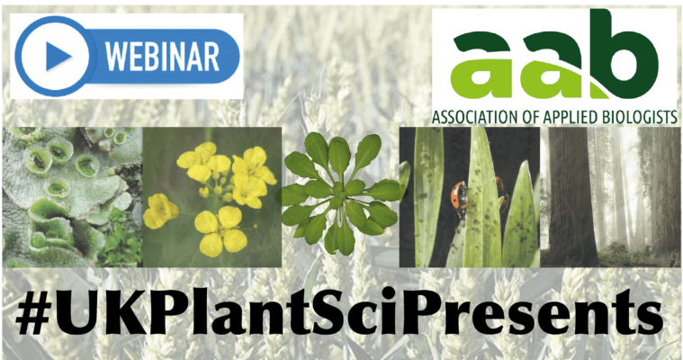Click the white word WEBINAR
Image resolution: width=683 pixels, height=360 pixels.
point(162,56)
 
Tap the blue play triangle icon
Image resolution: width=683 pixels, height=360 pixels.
point(58,56)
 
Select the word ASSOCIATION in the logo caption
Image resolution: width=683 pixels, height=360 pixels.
point(479,117)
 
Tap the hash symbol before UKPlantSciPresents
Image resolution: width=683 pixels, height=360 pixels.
point(32,314)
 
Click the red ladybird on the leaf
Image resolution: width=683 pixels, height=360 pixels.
point(459,193)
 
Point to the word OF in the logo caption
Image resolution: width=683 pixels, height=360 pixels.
point(535,117)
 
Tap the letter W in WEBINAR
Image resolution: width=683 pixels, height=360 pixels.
point(118,57)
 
